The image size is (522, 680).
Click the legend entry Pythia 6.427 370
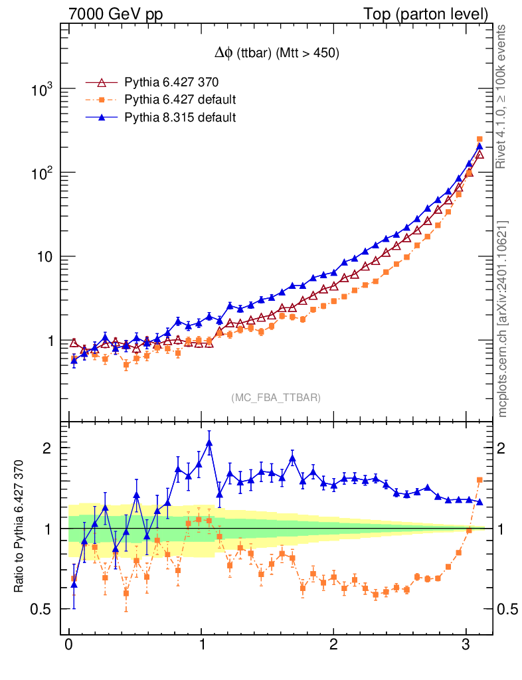pyautogui.click(x=171, y=83)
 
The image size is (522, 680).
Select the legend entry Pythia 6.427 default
pyautogui.click(x=180, y=100)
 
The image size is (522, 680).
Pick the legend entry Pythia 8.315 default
pyautogui.click(x=180, y=118)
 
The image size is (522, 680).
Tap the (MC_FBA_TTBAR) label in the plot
pyautogui.click(x=276, y=398)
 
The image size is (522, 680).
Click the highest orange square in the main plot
pyautogui.click(x=479, y=139)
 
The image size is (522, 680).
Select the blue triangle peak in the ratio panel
pyautogui.click(x=209, y=443)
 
